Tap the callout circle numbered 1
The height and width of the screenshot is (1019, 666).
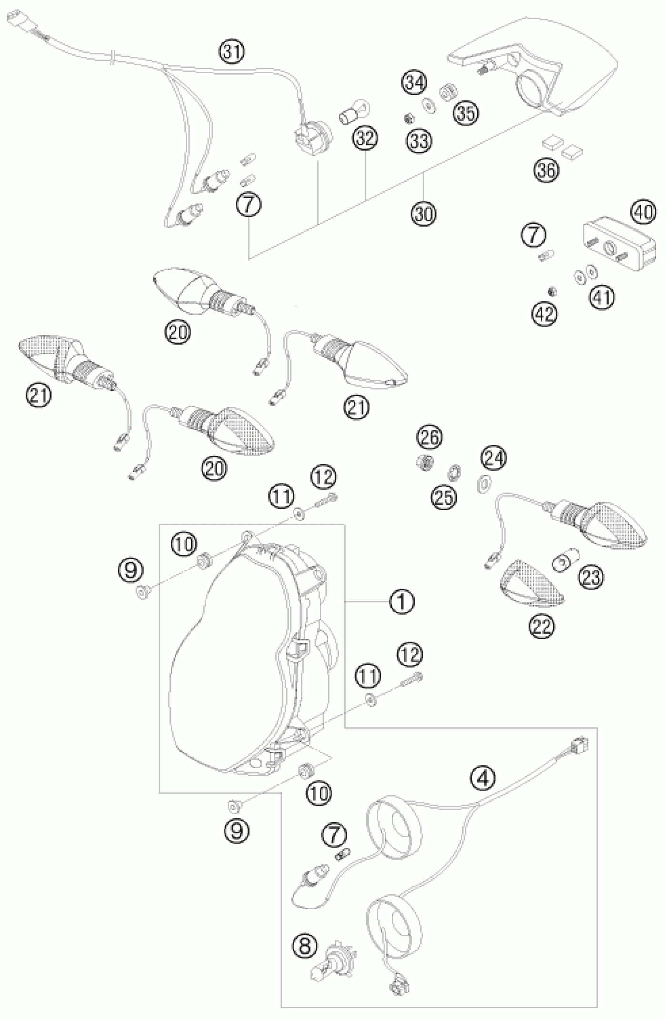click(x=402, y=602)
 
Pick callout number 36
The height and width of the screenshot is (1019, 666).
click(x=547, y=170)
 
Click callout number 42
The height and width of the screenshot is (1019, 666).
click(x=545, y=314)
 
